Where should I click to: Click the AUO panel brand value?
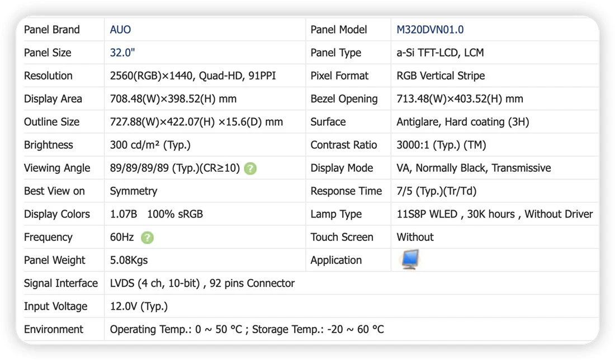(120, 30)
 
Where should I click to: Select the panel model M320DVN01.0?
(430, 30)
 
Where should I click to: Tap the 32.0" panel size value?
(122, 53)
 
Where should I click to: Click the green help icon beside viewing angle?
(250, 169)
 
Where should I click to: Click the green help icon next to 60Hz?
(147, 238)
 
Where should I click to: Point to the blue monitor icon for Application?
(410, 259)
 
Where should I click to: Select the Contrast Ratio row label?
(344, 145)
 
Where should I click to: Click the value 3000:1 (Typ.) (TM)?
(441, 145)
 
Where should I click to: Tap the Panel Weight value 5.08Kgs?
(129, 260)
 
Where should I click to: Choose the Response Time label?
(346, 191)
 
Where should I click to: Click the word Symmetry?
(134, 191)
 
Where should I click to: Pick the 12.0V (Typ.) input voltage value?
(139, 306)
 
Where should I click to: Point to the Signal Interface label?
(61, 283)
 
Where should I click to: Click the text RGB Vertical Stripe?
(441, 75)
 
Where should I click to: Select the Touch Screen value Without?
(415, 237)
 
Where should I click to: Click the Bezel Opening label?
(344, 99)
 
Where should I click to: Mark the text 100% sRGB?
(175, 214)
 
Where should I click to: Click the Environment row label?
(53, 329)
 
